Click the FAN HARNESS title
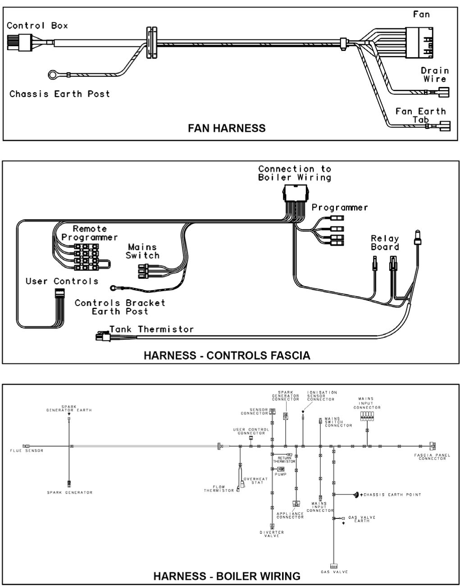pyautogui.click(x=227, y=128)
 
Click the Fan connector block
pyautogui.click(x=419, y=43)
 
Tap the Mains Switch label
pyautogui.click(x=142, y=251)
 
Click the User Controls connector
pyautogui.click(x=59, y=295)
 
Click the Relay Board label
pyautogui.click(x=385, y=243)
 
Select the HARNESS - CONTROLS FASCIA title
pyautogui.click(x=227, y=356)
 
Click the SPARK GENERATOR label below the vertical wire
pyautogui.click(x=69, y=492)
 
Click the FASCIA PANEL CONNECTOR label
pyautogui.click(x=432, y=457)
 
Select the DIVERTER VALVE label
pyautogui.click(x=272, y=534)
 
